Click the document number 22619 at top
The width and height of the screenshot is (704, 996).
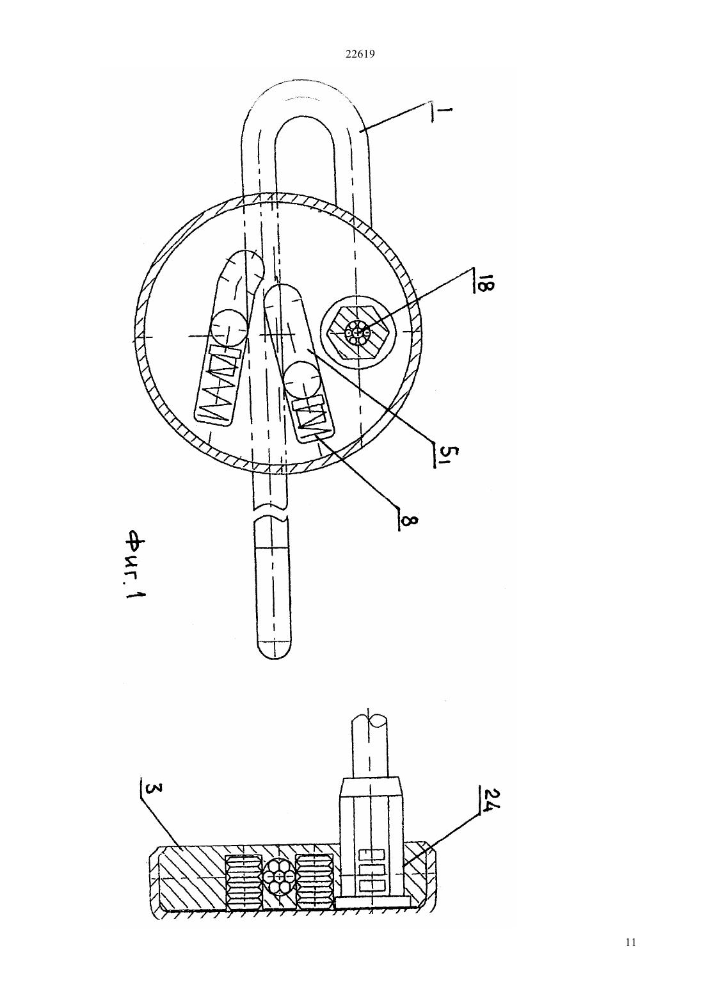(360, 54)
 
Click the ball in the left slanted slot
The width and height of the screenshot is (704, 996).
(228, 329)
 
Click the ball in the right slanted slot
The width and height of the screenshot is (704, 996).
(302, 380)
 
